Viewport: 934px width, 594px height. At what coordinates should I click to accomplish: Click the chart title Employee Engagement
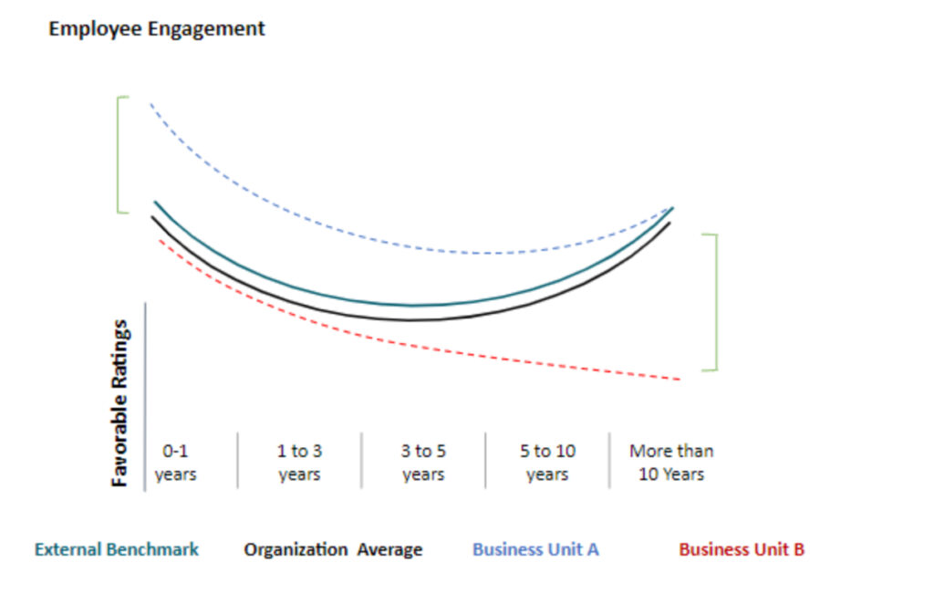(156, 28)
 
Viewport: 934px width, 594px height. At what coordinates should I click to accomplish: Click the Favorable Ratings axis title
(120, 402)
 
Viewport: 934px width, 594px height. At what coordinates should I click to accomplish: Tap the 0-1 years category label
(176, 463)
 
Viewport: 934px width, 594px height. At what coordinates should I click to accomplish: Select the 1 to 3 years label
(299, 463)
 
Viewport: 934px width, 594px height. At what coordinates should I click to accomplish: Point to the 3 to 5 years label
(423, 463)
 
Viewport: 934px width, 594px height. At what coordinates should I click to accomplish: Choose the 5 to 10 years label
(547, 463)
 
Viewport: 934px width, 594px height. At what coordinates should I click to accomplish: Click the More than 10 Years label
(671, 463)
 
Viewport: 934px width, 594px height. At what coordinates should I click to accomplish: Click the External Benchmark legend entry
(116, 549)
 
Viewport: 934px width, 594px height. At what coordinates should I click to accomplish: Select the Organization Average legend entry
(333, 549)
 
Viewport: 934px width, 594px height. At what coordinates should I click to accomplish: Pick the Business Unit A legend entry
(535, 549)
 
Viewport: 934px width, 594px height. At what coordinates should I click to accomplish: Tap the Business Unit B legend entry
(742, 549)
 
